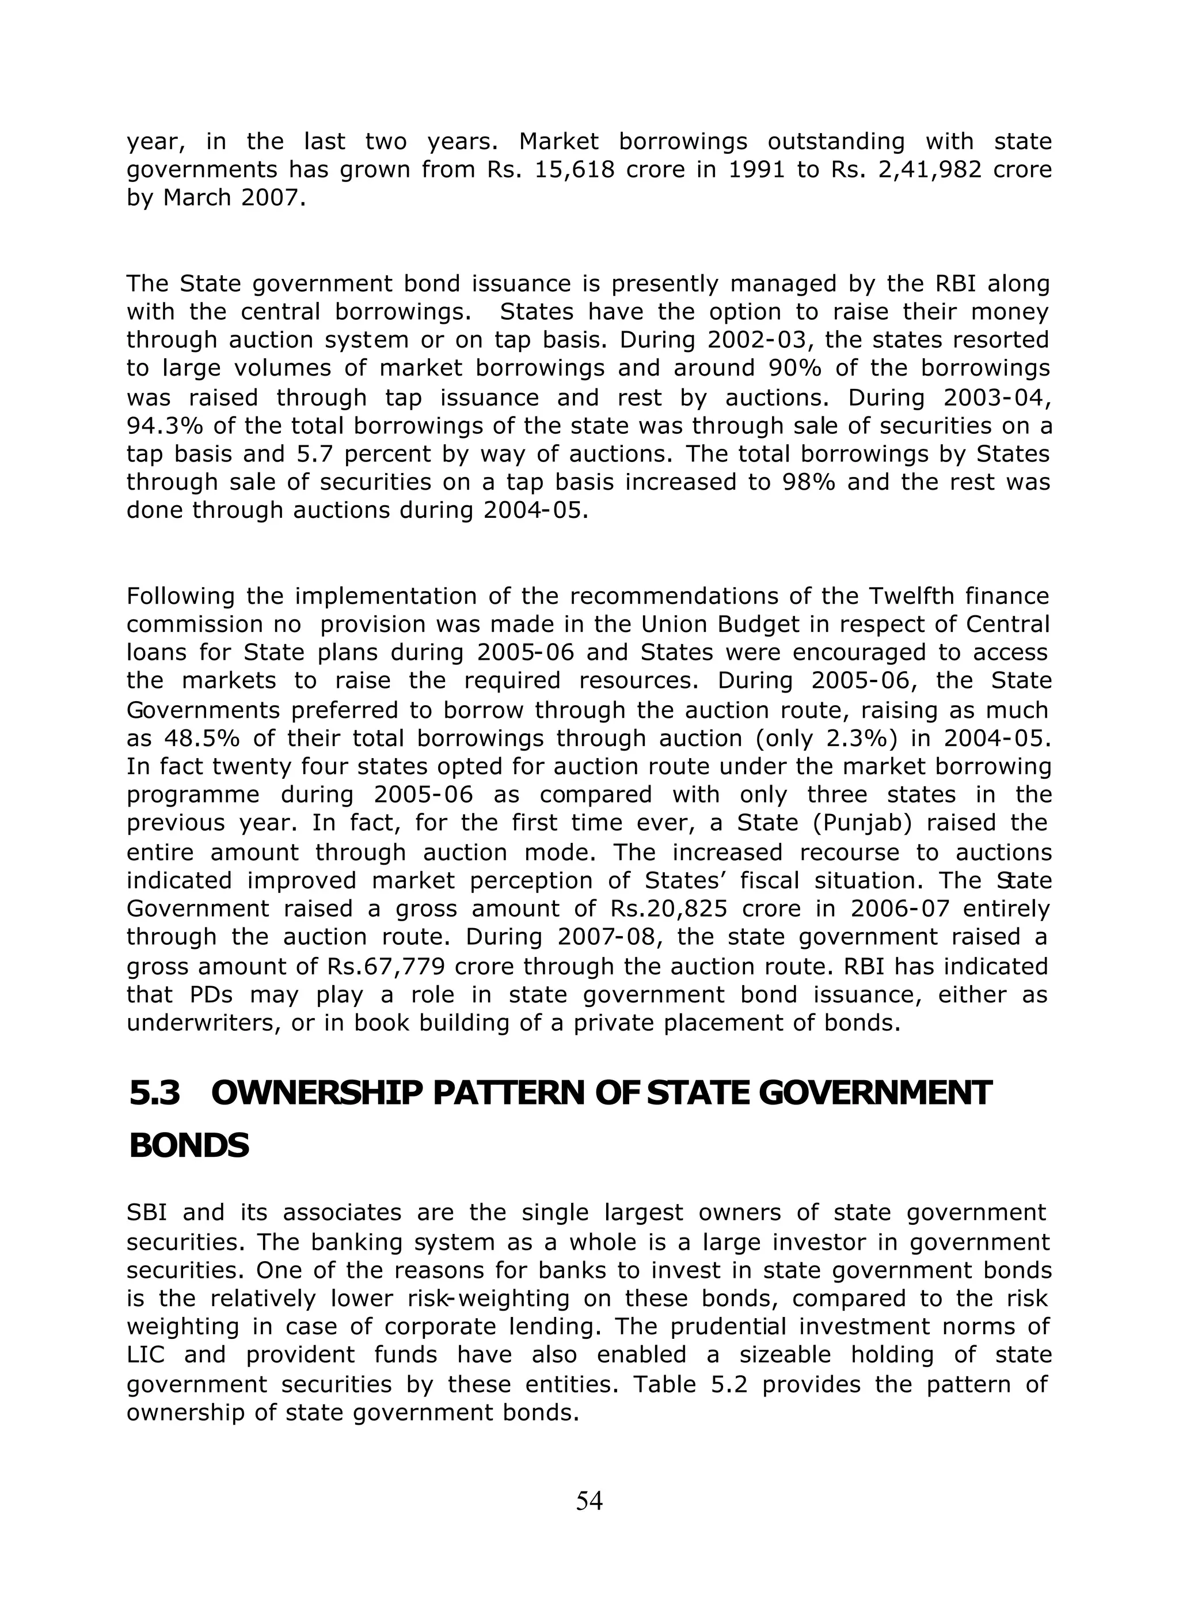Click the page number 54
click(589, 1500)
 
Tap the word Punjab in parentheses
click(862, 823)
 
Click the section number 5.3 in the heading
click(155, 1092)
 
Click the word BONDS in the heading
click(189, 1145)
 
